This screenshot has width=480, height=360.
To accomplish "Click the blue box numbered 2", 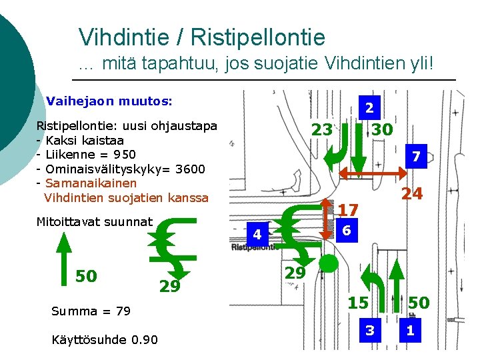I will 369,107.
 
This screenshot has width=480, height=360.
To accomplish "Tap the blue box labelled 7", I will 415,157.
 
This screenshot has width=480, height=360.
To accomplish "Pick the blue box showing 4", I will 257,234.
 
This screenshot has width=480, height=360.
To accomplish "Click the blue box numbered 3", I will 369,330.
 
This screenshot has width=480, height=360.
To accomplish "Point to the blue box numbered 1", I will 410,330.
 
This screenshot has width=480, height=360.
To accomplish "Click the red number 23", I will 322,129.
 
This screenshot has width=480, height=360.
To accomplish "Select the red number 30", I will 382,129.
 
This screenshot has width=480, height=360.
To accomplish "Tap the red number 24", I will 411,194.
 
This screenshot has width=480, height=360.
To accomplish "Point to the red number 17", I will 348,210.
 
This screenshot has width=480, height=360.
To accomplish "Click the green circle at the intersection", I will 328,264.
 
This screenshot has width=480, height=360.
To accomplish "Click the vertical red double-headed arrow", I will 325,219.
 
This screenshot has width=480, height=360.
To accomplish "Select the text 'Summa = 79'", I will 91,311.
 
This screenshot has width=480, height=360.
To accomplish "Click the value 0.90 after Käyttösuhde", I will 145,340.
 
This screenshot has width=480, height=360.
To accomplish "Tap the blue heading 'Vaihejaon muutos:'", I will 109,101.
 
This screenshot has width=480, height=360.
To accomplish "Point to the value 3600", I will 190,169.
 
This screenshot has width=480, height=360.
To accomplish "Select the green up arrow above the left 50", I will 63,247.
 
